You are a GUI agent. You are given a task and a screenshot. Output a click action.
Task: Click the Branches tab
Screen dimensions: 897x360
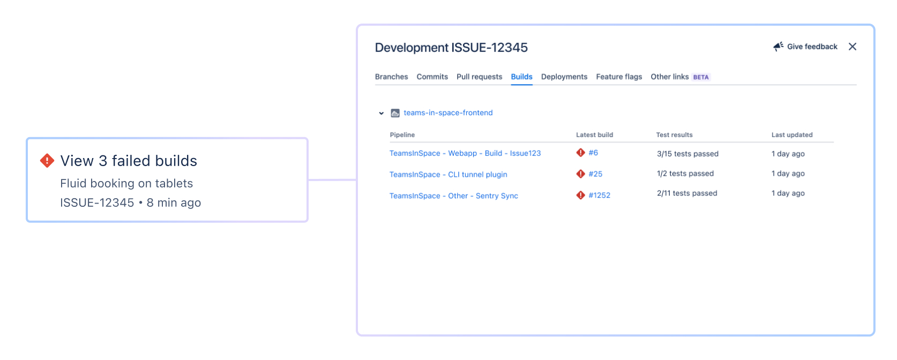tap(391, 77)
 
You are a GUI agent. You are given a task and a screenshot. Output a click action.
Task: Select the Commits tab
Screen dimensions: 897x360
tap(432, 77)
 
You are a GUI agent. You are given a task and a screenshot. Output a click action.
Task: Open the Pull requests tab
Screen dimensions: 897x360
tap(480, 77)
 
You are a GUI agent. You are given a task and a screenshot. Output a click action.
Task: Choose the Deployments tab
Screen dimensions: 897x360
tap(564, 77)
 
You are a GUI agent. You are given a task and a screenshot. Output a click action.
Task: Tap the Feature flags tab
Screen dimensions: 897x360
tap(619, 77)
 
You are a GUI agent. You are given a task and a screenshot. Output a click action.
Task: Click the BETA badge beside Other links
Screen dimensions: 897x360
tap(701, 77)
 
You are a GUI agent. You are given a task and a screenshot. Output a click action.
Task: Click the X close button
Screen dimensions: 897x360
tap(853, 47)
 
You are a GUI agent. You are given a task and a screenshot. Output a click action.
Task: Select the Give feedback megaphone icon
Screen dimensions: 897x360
tap(778, 47)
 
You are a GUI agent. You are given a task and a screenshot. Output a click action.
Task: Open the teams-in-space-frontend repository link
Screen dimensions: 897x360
tap(448, 112)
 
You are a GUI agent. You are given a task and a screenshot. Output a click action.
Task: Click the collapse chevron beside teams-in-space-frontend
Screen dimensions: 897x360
tap(381, 114)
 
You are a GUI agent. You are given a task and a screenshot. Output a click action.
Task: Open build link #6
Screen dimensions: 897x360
tap(593, 153)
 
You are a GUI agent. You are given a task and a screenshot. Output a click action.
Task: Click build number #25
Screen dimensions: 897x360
tap(595, 174)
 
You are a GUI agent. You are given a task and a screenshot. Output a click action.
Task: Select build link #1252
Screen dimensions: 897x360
tap(600, 195)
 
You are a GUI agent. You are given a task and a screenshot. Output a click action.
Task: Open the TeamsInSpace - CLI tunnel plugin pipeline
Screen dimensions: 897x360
tap(448, 174)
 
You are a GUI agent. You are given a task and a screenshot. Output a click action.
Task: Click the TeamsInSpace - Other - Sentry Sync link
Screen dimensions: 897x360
tap(454, 196)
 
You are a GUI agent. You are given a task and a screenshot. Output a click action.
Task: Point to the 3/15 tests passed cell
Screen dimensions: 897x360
tap(687, 154)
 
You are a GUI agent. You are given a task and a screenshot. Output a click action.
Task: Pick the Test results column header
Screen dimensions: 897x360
tap(674, 135)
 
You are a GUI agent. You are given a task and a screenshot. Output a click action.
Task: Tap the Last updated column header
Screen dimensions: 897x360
tap(792, 135)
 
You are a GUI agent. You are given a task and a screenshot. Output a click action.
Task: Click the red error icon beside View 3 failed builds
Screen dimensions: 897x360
tap(47, 161)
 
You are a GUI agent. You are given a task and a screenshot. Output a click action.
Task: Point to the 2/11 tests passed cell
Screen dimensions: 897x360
tap(687, 193)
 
